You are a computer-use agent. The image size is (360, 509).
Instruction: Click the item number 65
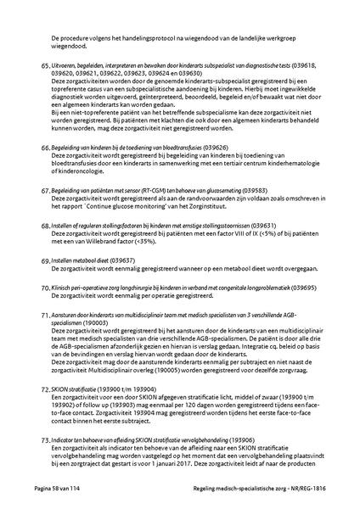tap(46, 64)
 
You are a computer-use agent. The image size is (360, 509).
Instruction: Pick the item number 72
tap(46, 388)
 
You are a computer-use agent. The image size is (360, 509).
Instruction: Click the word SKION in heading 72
tap(61, 388)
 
